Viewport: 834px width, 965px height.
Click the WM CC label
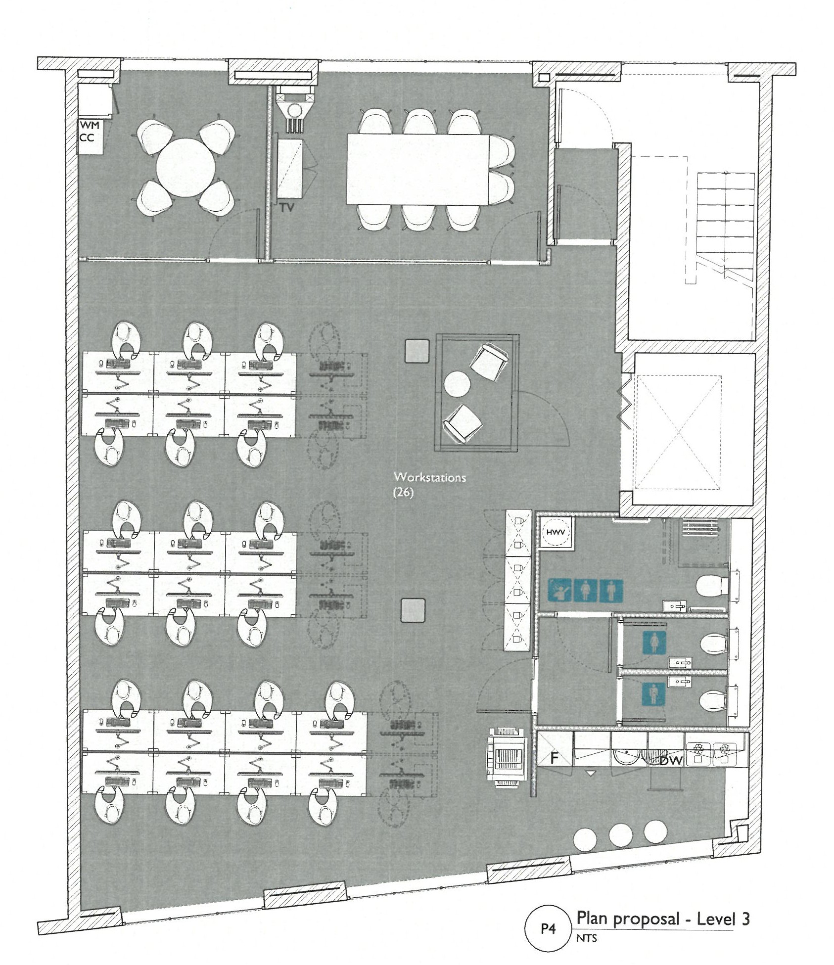click(x=90, y=132)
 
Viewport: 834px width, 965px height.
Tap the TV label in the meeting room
click(x=287, y=208)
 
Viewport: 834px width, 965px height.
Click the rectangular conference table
click(x=418, y=169)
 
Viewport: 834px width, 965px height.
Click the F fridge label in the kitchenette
click(x=555, y=771)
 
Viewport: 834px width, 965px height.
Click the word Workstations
click(x=430, y=477)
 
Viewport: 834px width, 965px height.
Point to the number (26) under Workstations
click(x=403, y=493)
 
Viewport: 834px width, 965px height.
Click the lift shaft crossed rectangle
click(x=678, y=433)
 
